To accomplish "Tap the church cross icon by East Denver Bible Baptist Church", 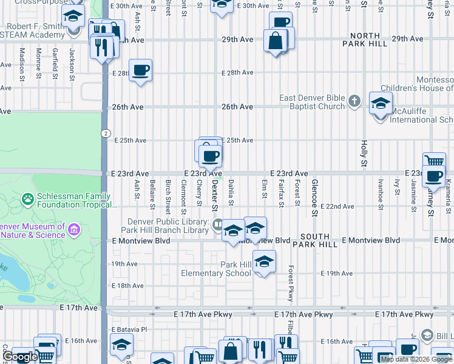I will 355,102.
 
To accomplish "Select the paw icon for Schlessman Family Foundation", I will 27,198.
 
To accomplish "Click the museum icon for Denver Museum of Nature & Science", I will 74,230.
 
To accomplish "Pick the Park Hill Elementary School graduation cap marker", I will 264,263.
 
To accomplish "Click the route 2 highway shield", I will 106,133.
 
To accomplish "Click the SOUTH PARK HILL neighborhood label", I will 314,240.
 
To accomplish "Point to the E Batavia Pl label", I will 129,329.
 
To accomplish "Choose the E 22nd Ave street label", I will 337,207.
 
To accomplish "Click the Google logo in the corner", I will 20,357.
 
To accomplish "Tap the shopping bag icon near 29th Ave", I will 276,42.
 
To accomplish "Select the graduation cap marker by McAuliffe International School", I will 381,104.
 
